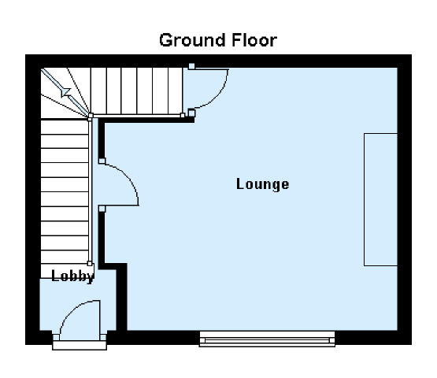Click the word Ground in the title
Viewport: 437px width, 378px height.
pyautogui.click(x=192, y=41)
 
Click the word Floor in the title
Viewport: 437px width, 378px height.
pyautogui.click(x=254, y=40)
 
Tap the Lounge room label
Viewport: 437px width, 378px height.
pyautogui.click(x=262, y=184)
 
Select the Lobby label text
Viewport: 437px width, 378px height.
pyautogui.click(x=72, y=276)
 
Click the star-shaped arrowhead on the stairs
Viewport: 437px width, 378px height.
pyautogui.click(x=66, y=91)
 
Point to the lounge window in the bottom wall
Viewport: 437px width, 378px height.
pyautogui.click(x=267, y=339)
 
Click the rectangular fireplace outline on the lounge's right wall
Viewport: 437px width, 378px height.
pyautogui.click(x=381, y=199)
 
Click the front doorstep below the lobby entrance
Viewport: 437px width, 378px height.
pyautogui.click(x=80, y=345)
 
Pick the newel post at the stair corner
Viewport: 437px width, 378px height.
pyautogui.click(x=91, y=116)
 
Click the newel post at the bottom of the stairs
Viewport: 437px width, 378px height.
pyautogui.click(x=90, y=264)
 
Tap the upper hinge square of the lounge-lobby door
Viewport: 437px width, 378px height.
pyautogui.click(x=102, y=161)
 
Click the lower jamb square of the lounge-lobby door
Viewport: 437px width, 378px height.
pyautogui.click(x=102, y=209)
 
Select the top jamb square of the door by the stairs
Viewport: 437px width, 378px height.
pyautogui.click(x=191, y=66)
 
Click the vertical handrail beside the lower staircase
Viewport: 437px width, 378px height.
pyautogui.click(x=90, y=190)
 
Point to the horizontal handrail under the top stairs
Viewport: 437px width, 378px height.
pyautogui.click(x=136, y=116)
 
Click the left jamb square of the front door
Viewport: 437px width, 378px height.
pyautogui.click(x=56, y=338)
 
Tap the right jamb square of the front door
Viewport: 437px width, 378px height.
pyautogui.click(x=103, y=338)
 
